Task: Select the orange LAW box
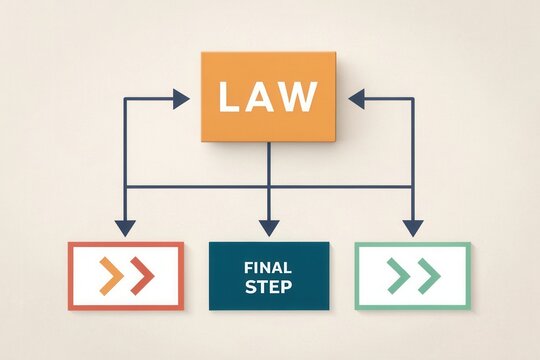coord(269,96)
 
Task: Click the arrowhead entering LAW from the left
coord(180,98)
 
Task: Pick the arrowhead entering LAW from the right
coord(357,98)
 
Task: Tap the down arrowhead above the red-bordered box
coord(125,227)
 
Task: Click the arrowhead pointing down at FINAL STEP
coord(268,227)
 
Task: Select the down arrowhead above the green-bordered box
coord(412,227)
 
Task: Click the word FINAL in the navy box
coord(268,267)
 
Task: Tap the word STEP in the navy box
coord(268,287)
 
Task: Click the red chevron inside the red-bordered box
coord(141,275)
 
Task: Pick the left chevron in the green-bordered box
coord(397,275)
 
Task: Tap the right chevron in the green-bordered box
coord(428,275)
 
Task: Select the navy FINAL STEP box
coord(268,276)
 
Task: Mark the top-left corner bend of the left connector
coord(125,98)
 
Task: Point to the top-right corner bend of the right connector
coord(412,98)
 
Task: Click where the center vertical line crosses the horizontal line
coord(268,186)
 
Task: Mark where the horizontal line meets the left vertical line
coord(125,186)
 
